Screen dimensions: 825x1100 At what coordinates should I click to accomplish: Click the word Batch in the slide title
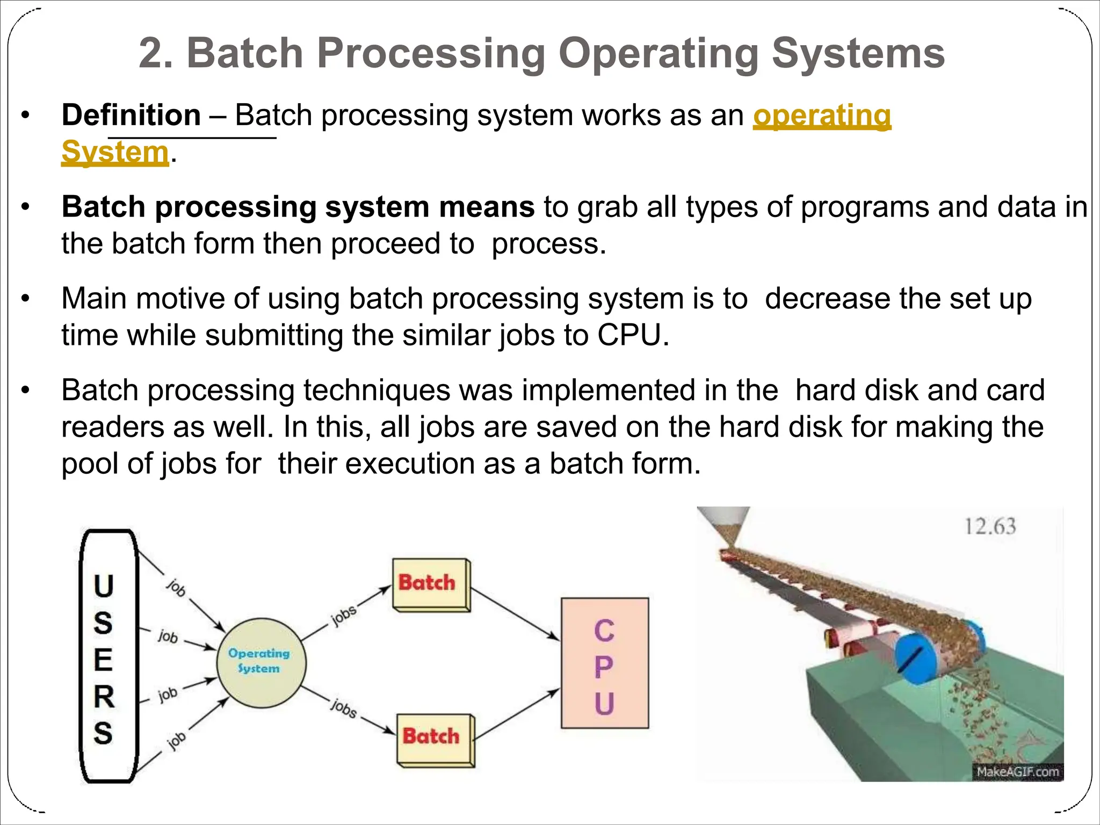[x=245, y=53]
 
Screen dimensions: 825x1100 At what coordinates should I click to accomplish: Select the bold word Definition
[x=131, y=115]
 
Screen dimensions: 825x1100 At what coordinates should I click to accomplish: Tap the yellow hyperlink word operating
[x=822, y=115]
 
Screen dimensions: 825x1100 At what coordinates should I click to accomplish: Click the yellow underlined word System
[x=115, y=152]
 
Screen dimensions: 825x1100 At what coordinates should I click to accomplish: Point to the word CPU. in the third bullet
[x=633, y=335]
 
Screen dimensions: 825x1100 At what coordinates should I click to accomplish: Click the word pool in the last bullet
[x=89, y=464]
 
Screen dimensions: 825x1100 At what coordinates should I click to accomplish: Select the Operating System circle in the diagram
[x=261, y=663]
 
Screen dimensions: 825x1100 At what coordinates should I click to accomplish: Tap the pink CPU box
[x=605, y=663]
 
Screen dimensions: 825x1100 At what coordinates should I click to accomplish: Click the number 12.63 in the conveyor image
[x=990, y=526]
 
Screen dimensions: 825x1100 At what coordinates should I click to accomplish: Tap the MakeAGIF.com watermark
[x=1017, y=772]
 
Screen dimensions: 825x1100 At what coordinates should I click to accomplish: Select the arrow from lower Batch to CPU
[x=517, y=715]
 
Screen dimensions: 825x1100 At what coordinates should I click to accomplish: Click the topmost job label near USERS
[x=176, y=588]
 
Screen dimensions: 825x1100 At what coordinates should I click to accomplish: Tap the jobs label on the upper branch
[x=344, y=615]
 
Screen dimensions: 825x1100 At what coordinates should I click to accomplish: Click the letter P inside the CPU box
[x=604, y=667]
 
